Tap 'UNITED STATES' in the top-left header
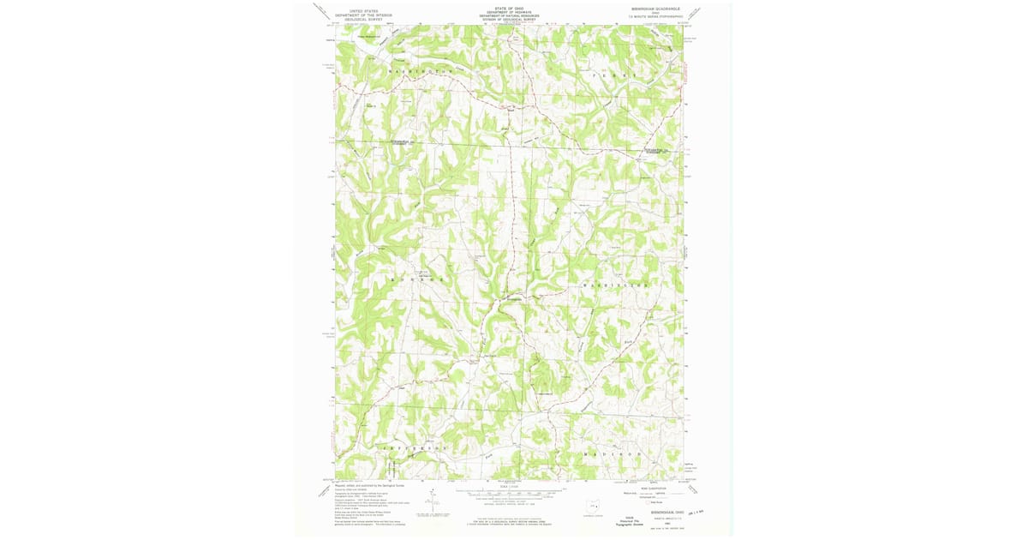point(363,10)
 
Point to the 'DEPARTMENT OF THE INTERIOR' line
point(363,15)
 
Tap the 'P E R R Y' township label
point(614,75)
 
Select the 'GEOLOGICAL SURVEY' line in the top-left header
point(363,19)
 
